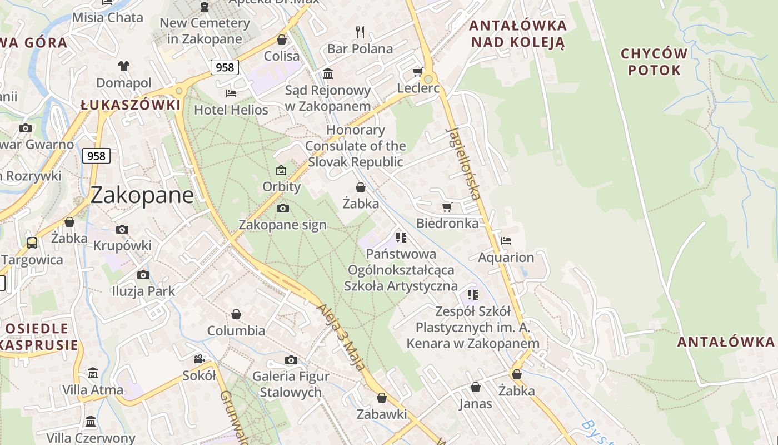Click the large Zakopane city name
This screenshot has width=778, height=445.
point(142,195)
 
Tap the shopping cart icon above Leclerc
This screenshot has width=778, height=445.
point(417,72)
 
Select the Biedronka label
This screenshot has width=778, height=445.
point(447,223)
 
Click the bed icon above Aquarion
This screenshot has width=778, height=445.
point(506,241)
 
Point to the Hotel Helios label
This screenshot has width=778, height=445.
point(231,110)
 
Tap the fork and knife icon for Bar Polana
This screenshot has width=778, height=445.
point(360,32)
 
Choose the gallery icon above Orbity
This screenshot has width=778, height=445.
point(281,170)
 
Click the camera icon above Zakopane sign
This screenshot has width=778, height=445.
point(282,208)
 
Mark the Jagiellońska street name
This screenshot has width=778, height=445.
point(463,164)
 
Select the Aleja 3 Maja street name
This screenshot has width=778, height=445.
point(341,337)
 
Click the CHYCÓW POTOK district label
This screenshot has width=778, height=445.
point(654,62)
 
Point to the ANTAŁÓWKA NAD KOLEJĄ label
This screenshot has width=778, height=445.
point(517,33)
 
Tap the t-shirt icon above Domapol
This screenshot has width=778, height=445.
point(123,66)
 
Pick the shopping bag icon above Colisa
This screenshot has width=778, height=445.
point(282,40)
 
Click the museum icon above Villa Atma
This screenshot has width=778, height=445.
point(93,373)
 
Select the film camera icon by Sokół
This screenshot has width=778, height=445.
point(199,359)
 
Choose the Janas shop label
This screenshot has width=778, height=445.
point(475,403)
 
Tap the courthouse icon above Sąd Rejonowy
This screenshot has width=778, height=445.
point(327,73)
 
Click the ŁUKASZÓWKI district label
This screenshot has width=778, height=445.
point(131,105)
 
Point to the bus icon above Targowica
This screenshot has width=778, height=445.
point(32,243)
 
